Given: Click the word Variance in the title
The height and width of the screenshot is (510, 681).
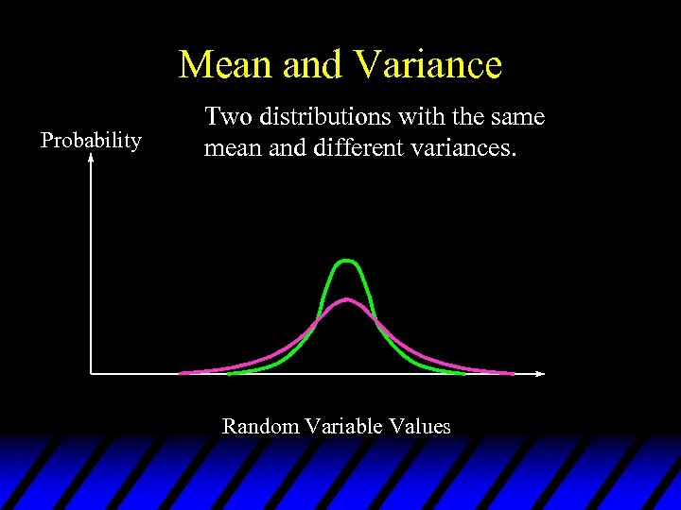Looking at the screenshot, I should (x=428, y=65).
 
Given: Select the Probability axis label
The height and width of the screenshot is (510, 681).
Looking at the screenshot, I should (x=91, y=141).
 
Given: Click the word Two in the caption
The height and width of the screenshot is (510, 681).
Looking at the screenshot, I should (x=224, y=117).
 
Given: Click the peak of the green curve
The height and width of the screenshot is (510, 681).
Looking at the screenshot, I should (x=348, y=260).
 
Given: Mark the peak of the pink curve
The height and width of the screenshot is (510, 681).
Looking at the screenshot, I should (x=348, y=300).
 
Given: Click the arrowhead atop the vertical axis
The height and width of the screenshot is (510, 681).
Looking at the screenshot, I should (x=91, y=159).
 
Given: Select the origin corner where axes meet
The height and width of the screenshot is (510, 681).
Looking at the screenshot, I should (x=91, y=373).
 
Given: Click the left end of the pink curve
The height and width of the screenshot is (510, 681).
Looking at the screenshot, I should (x=182, y=372).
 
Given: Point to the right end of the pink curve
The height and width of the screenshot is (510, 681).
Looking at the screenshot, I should (x=513, y=372).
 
